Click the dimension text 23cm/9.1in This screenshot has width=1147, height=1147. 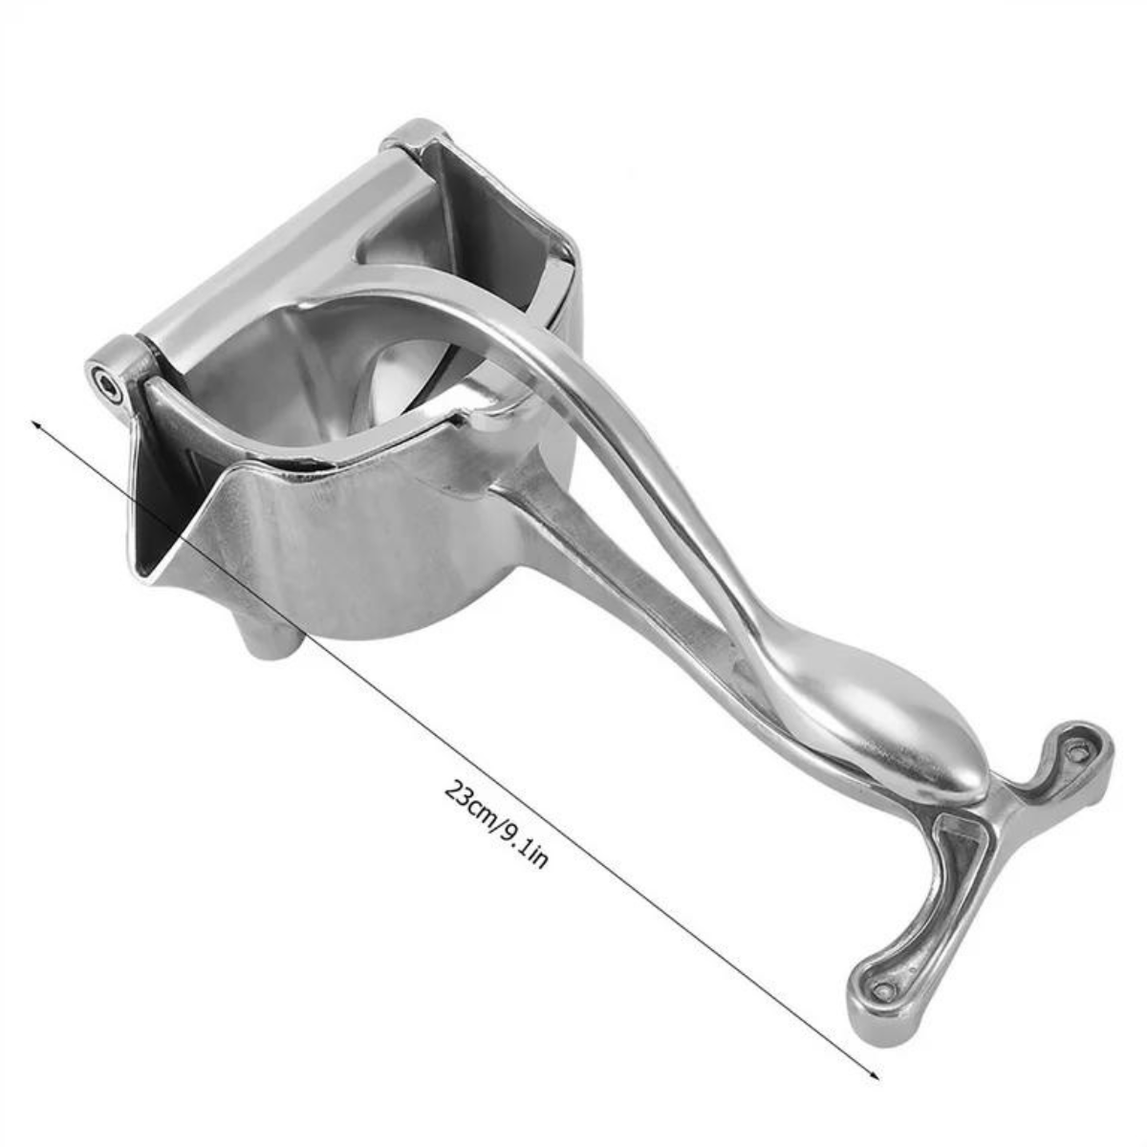coord(496,823)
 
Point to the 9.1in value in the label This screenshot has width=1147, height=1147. coord(524,845)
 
